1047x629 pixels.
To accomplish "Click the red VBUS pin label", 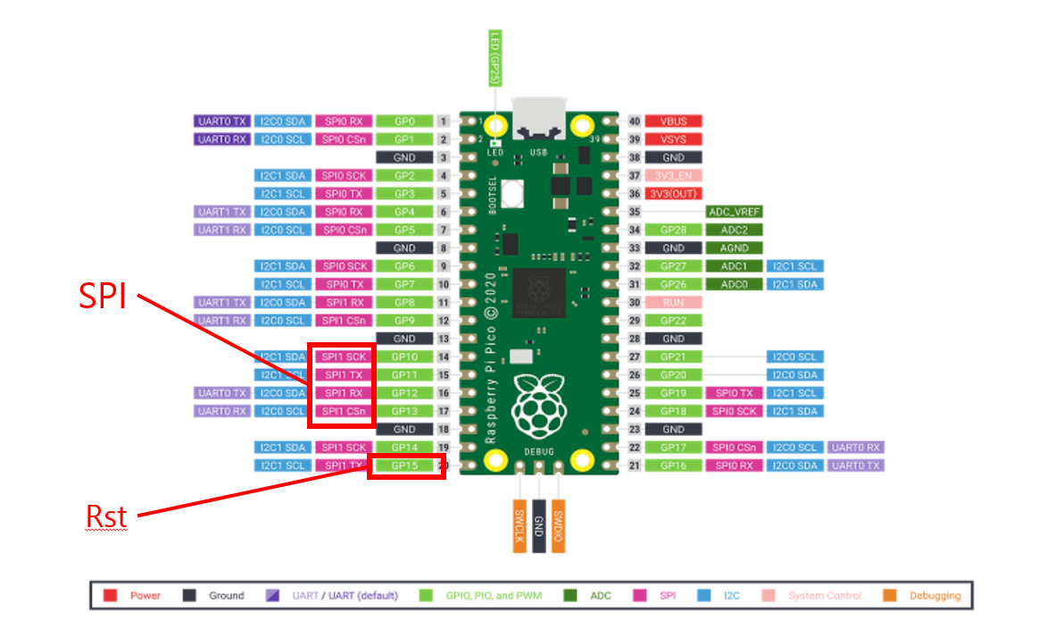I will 674,121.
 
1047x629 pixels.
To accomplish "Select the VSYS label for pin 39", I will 674,139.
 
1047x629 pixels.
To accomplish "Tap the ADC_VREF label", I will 734,212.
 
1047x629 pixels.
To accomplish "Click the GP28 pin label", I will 674,230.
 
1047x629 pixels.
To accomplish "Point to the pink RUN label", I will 674,302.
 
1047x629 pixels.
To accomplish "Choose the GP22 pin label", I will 674,320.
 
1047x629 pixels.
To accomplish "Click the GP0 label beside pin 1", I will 404,121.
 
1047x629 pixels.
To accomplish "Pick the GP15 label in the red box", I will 404,465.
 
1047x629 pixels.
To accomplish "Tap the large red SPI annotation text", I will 103,296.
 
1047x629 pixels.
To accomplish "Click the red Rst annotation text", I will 106,516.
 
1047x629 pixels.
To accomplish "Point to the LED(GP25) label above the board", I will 494,58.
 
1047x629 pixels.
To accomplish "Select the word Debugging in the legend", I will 935,596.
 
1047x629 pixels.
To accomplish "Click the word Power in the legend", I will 145,596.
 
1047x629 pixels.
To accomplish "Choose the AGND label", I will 734,247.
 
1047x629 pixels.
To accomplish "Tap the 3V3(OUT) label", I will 674,193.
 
